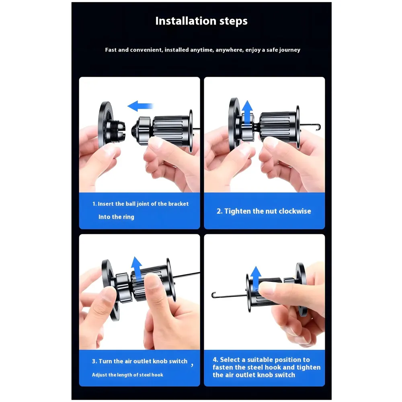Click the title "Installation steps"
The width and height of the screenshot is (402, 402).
tap(201, 21)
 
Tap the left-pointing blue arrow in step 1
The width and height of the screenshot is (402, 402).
tap(140, 106)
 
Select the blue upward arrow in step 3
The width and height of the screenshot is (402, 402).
tap(137, 267)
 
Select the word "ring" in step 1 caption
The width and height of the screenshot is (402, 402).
tap(128, 217)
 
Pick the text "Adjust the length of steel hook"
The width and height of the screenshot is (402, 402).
tap(127, 375)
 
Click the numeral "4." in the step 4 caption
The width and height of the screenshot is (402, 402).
tap(215, 360)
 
